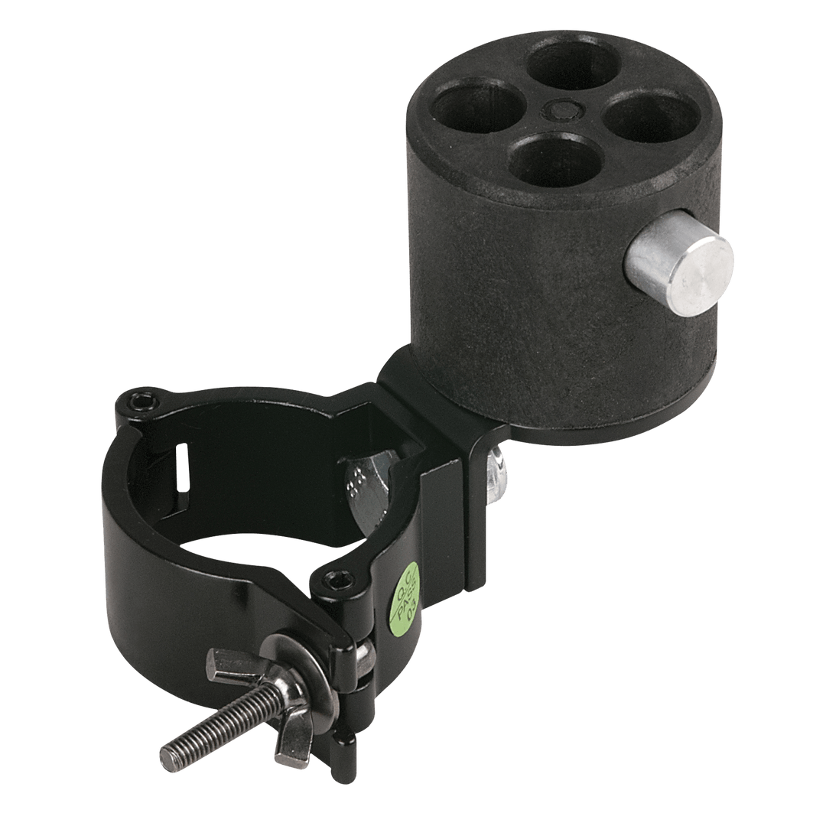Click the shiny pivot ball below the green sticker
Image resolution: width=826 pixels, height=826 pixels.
[x=366, y=659]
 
